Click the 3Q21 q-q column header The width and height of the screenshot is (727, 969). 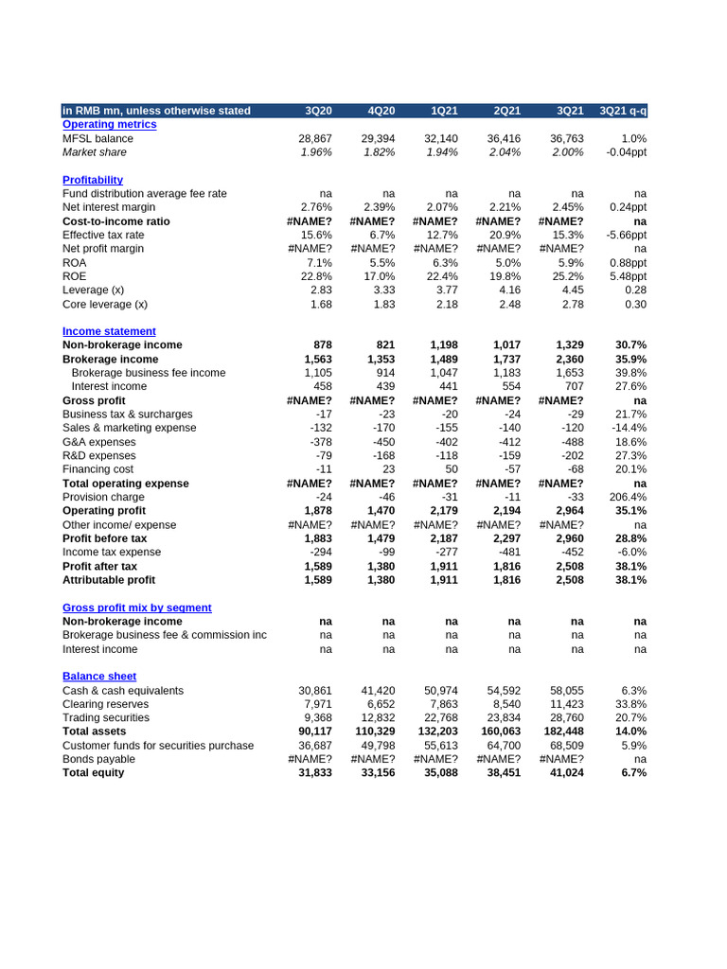coord(623,111)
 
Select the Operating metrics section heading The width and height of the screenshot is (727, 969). coord(110,124)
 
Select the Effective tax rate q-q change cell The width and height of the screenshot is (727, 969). coord(627,235)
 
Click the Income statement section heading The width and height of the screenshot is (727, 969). coord(109,331)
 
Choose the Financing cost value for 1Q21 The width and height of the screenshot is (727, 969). coord(446,469)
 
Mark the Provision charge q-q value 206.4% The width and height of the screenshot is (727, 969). coord(629,497)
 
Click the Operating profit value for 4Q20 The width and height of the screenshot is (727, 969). coord(379,510)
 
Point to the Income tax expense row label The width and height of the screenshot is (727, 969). coord(112,552)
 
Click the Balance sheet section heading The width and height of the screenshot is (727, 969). coord(99,677)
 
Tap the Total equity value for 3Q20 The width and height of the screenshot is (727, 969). coord(315,773)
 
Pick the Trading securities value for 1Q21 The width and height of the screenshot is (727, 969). coord(441,718)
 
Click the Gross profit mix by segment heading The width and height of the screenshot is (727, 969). coord(137,608)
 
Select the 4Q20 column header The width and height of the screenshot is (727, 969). coord(381,111)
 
